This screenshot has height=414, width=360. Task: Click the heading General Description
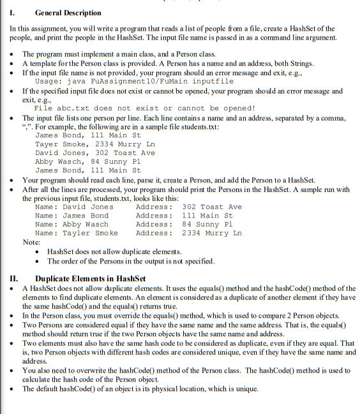pos(68,13)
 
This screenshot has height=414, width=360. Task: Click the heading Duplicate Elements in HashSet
pos(90,278)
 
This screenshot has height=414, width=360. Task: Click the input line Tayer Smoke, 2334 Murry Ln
pos(94,144)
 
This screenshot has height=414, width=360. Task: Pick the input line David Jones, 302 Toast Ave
pos(94,153)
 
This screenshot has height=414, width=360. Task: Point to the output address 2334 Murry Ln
pos(212,233)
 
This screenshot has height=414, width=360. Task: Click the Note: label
pos(31,242)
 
